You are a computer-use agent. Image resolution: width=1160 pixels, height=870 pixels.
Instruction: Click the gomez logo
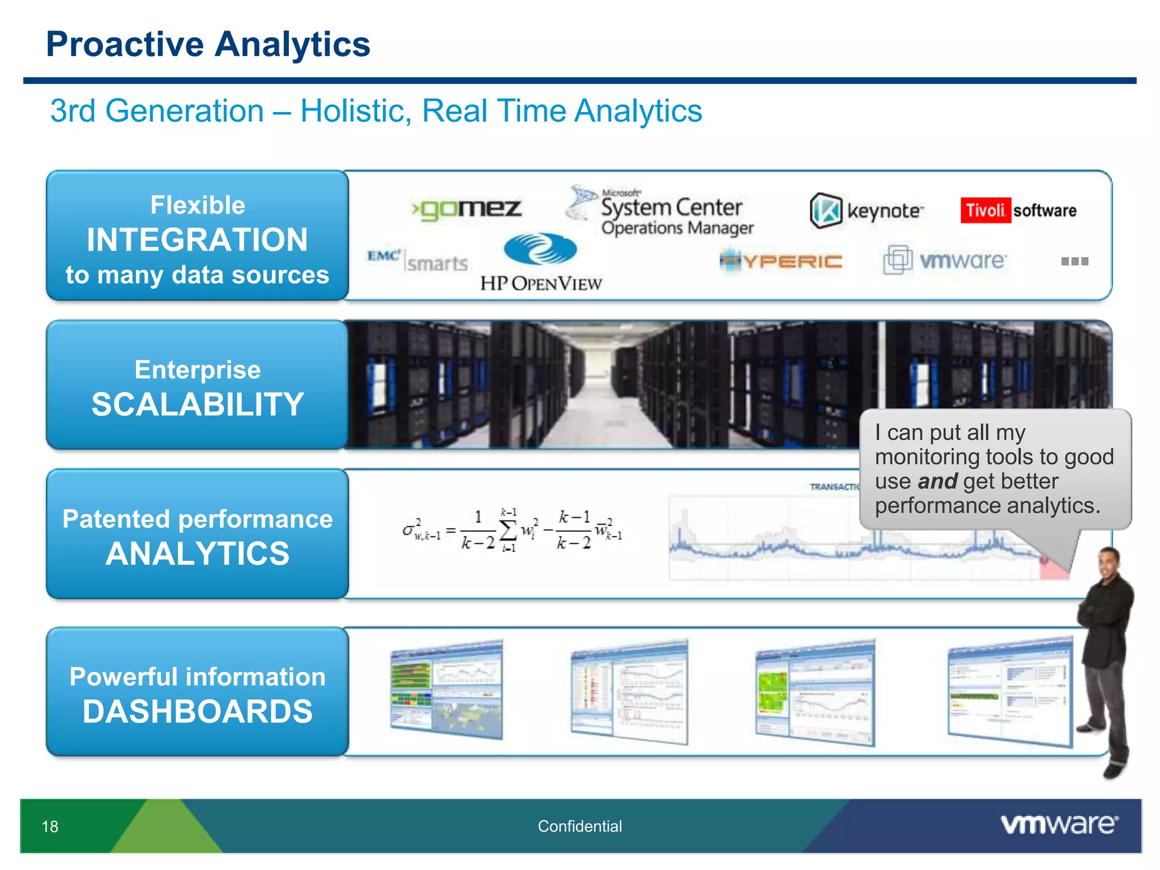click(467, 209)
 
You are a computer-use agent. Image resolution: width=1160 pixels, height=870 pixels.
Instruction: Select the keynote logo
click(866, 211)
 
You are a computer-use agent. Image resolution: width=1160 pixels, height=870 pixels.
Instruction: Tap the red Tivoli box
click(985, 210)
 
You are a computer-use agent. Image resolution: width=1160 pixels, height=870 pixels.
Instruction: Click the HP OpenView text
click(541, 284)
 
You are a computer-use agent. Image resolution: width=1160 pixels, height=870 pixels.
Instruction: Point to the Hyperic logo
click(781, 261)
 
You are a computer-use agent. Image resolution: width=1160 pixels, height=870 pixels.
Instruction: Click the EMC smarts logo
click(417, 261)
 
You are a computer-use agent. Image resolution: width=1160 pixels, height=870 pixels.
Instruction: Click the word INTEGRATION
click(197, 240)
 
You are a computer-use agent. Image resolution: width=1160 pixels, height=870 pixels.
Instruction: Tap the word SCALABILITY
click(198, 404)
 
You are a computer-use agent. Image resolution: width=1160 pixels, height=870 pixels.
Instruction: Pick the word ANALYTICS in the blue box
click(198, 553)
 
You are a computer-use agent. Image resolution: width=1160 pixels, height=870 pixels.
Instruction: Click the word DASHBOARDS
click(198, 711)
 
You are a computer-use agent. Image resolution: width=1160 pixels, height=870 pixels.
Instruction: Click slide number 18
click(50, 826)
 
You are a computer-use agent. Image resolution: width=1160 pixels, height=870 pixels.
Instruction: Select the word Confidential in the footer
click(579, 826)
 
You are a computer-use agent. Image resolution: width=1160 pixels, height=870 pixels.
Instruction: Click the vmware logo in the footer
click(1059, 824)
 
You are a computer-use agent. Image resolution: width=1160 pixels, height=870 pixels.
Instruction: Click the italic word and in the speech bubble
click(937, 481)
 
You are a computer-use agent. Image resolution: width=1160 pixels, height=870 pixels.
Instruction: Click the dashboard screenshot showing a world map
click(446, 689)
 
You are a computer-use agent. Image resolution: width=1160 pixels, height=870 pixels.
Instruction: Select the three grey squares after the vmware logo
click(1074, 261)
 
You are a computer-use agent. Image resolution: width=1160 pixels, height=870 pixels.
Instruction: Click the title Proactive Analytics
click(208, 44)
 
